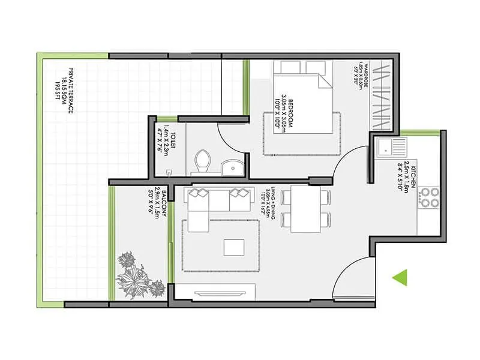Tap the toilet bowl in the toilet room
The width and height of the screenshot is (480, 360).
click(x=203, y=161)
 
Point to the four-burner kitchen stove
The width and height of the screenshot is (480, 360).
click(x=429, y=197)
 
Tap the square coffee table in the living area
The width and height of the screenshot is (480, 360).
click(x=234, y=247)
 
